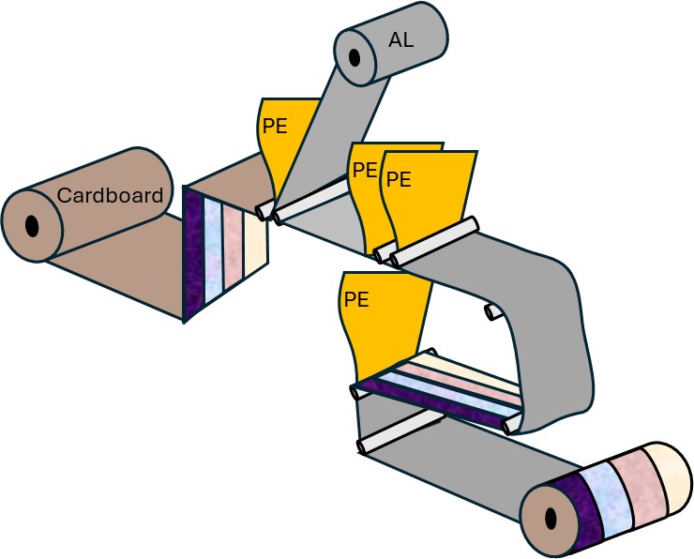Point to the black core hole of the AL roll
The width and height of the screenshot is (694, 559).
coord(355,56)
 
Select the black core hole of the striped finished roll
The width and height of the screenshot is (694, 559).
coord(550,519)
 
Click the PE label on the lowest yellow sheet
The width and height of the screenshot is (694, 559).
coord(355,300)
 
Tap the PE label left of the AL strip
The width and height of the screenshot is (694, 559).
coord(274,127)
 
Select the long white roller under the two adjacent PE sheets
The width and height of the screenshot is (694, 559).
coord(435,240)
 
